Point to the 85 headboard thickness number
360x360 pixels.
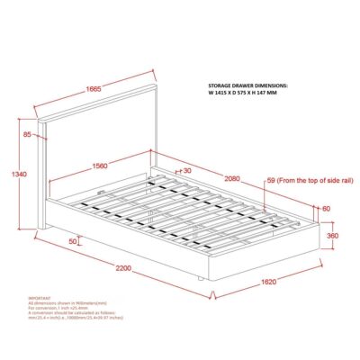(x=28, y=135)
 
